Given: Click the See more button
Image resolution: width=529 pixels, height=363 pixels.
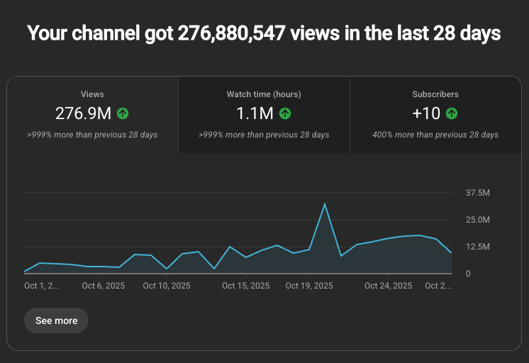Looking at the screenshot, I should click(x=56, y=320).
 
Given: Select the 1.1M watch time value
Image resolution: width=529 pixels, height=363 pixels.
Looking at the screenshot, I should click(x=254, y=113).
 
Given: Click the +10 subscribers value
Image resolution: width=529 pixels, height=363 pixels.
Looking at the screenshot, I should click(x=426, y=113).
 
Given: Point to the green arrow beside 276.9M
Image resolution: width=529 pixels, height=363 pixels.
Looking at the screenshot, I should click(x=123, y=113).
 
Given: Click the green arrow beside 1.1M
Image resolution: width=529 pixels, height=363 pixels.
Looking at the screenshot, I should click(x=285, y=113).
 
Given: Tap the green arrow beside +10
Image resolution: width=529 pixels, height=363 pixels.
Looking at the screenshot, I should click(x=452, y=113).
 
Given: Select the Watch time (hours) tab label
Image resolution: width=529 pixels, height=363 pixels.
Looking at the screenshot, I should click(x=264, y=94).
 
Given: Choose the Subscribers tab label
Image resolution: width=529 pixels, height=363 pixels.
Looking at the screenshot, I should click(x=435, y=94).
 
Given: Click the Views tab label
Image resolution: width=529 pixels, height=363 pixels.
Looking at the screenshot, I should click(x=92, y=94).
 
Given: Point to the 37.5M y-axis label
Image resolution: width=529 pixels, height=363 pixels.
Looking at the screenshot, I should click(x=477, y=193).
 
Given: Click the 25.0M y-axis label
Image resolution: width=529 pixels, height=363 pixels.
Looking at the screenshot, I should click(x=477, y=220).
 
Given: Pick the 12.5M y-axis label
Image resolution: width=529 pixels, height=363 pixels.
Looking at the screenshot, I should click(x=477, y=247).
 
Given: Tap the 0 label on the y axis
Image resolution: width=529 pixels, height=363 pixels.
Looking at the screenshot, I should click(x=468, y=274).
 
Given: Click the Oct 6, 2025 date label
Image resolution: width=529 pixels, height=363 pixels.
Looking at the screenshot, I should click(x=104, y=286).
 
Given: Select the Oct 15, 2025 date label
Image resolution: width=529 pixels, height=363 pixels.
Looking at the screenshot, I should click(x=245, y=286).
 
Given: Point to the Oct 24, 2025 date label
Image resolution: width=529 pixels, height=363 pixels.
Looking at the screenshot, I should click(x=388, y=286).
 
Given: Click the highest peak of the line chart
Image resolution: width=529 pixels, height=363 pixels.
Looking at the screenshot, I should click(x=325, y=204).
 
